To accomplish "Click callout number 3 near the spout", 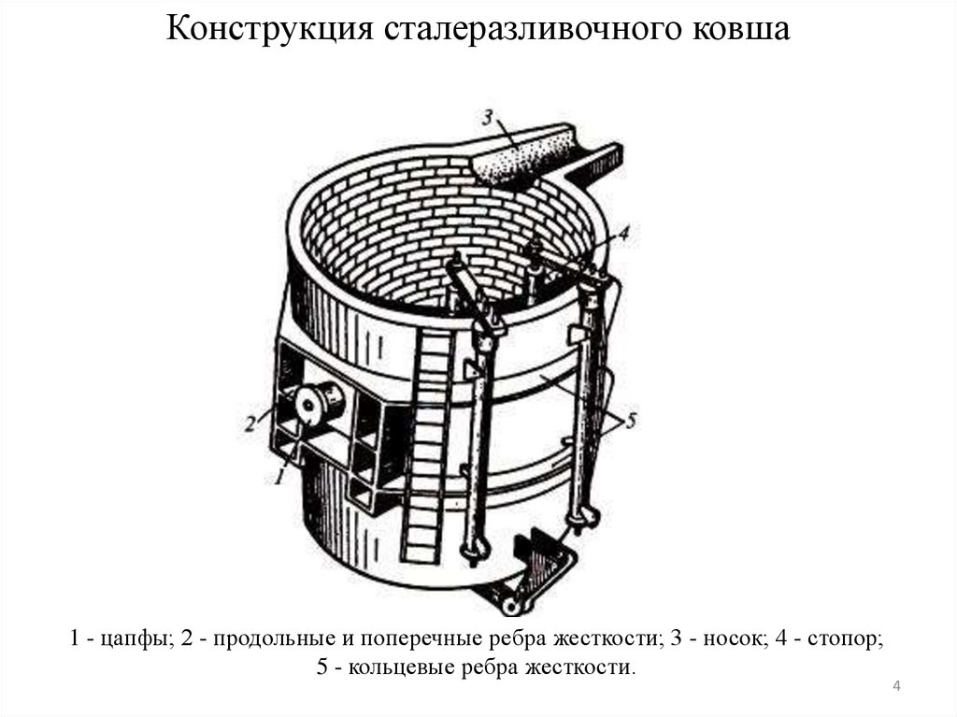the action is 487,117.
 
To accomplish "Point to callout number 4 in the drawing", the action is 622,234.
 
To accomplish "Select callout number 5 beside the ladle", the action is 631,420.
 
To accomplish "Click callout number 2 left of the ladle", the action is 250,423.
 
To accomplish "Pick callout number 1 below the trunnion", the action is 279,476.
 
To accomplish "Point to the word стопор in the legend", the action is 846,639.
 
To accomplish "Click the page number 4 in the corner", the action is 896,686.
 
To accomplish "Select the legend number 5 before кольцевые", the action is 322,667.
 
